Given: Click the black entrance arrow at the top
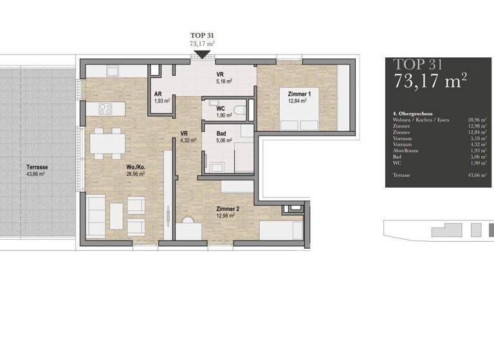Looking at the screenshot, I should coord(202,55).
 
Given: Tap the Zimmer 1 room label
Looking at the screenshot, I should coord(299,93).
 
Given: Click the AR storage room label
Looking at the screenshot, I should coord(158,94).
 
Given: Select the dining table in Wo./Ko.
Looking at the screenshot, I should coord(106,143).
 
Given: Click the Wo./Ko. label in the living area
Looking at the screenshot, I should coord(136,167).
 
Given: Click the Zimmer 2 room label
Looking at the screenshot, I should coord(228,209).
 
